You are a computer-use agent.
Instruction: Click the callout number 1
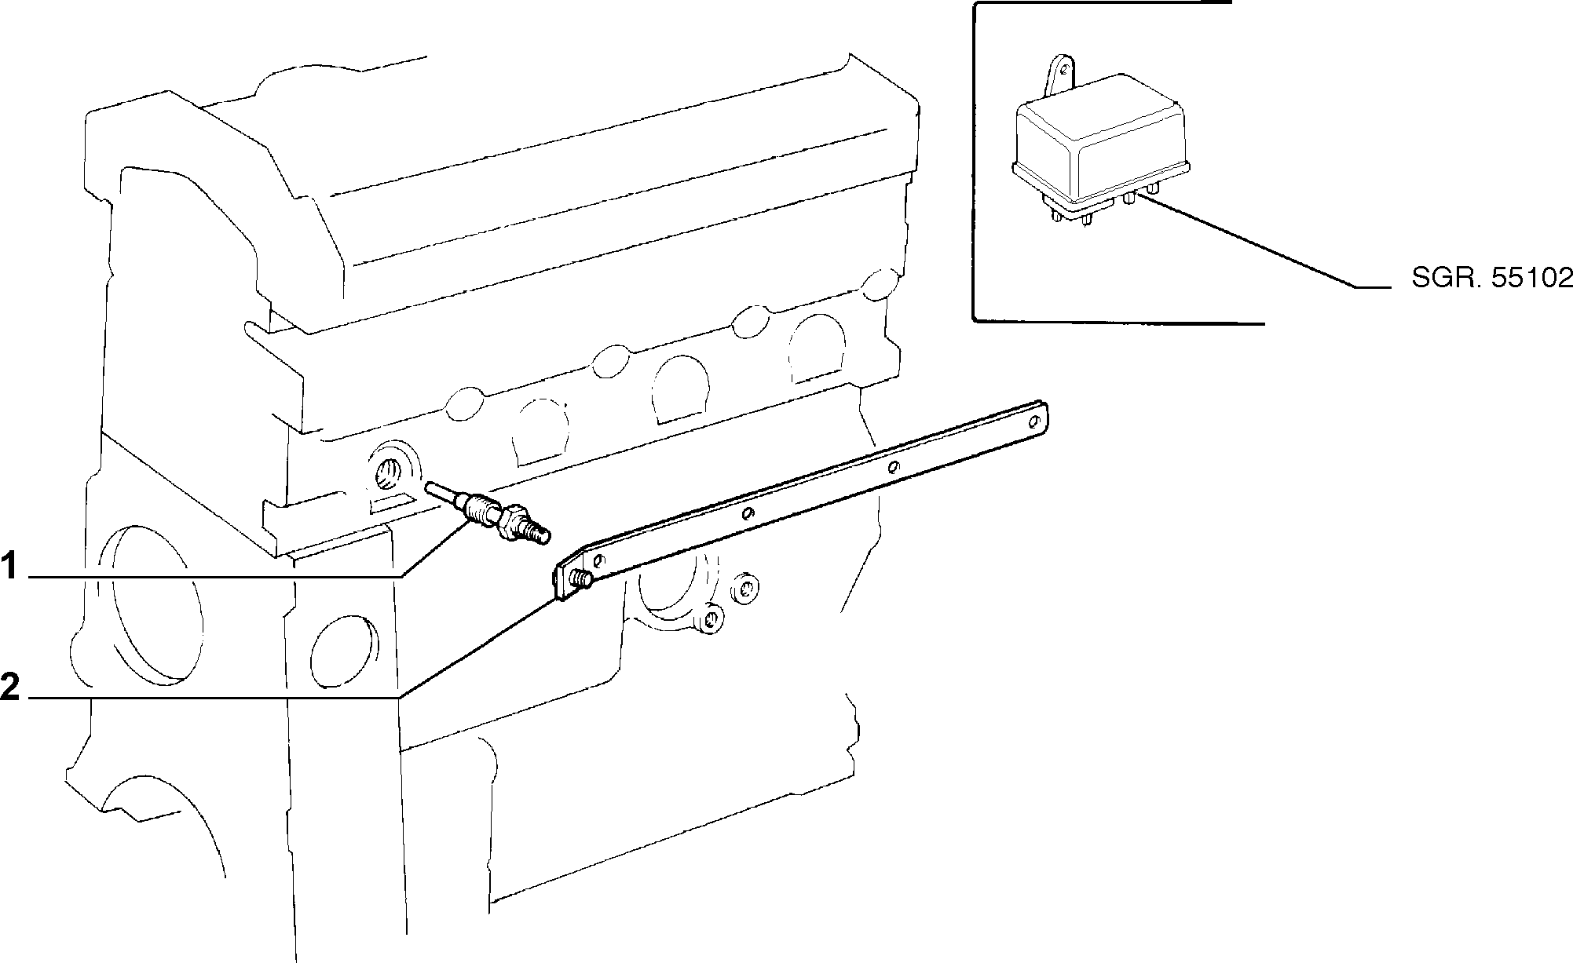[x=9, y=566]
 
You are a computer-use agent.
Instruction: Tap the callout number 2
[x=9, y=687]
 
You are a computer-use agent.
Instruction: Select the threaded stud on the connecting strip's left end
[x=582, y=580]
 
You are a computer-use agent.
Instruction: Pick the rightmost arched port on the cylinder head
[x=818, y=347]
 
